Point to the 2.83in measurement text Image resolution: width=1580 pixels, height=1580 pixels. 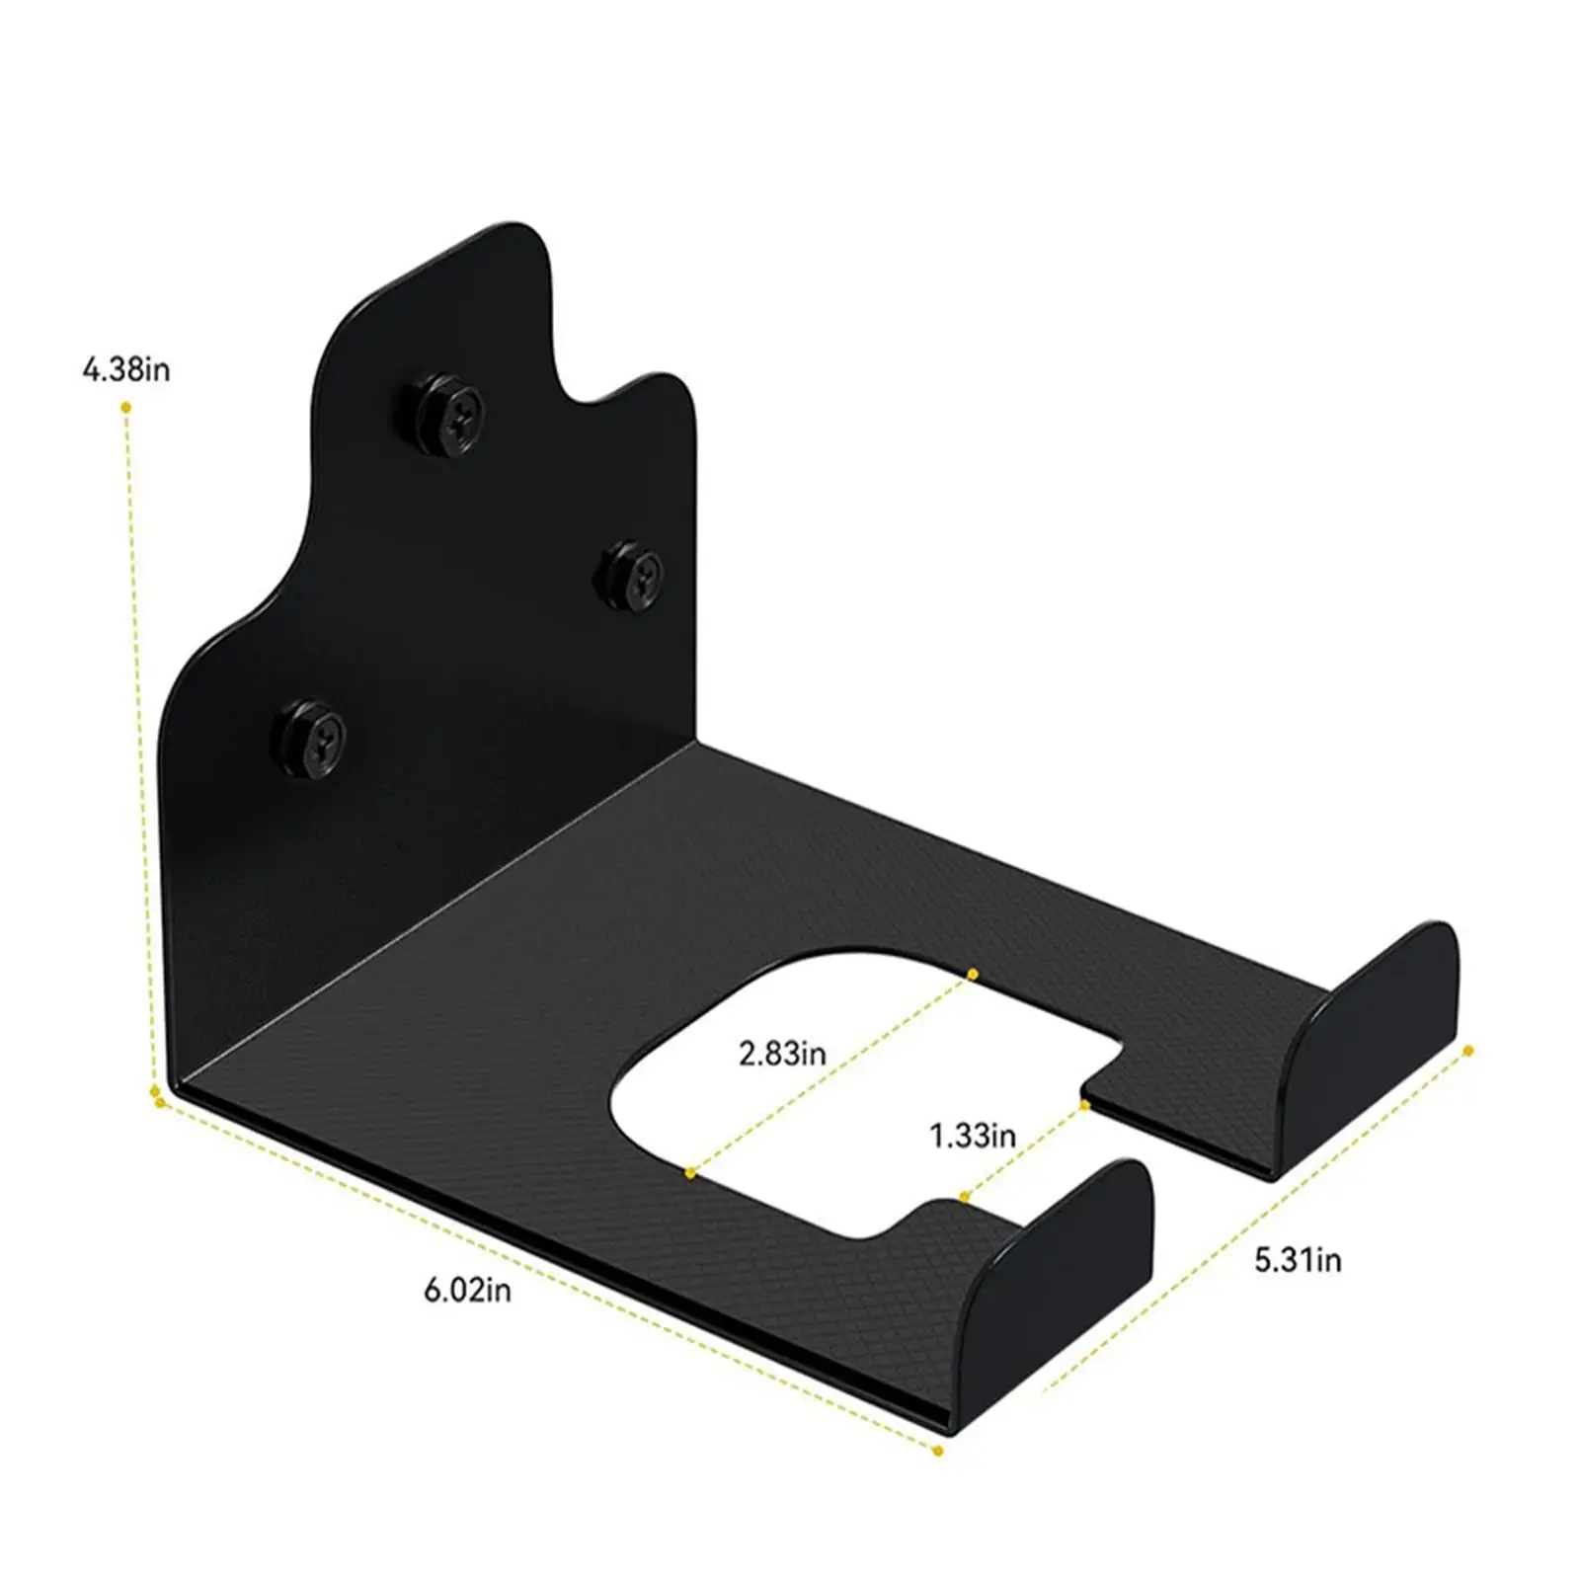(x=782, y=1053)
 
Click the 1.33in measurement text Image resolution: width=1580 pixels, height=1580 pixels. (x=973, y=1136)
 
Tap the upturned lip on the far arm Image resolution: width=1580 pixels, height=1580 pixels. (x=1382, y=1027)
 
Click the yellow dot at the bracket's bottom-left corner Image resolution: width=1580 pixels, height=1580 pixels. (x=155, y=1094)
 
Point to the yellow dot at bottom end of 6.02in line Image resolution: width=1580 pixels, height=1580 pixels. (x=937, y=1451)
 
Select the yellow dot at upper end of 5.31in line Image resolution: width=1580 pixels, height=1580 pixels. (x=1468, y=1051)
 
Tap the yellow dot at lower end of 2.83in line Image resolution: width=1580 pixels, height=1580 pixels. (x=691, y=1172)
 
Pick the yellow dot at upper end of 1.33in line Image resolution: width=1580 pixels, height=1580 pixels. (x=1085, y=1104)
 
